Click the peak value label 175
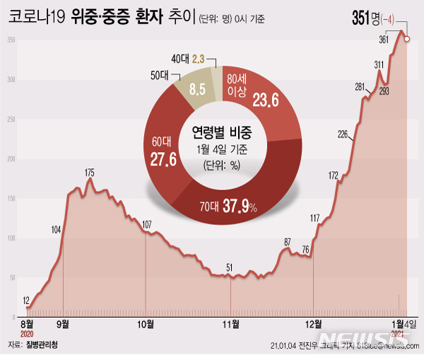tap(90, 173)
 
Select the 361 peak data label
tap(384, 40)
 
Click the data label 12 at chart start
tap(26, 301)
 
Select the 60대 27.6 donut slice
tap(164, 152)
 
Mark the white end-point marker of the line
tap(406, 40)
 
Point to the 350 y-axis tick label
tap(11, 40)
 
